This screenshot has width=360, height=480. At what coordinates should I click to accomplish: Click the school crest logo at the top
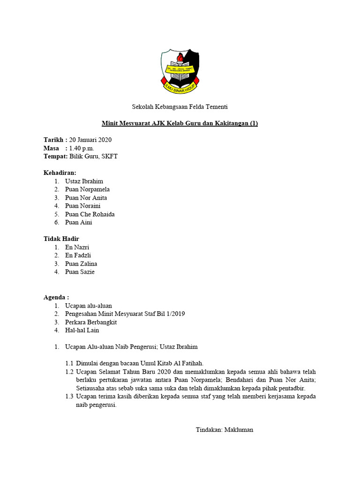pyautogui.click(x=180, y=71)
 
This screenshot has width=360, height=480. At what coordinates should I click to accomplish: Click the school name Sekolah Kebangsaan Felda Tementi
pyautogui.click(x=180, y=107)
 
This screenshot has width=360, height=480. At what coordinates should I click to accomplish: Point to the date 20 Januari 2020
pyautogui.click(x=90, y=140)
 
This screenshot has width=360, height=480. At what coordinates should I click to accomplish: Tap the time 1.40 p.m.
pyautogui.click(x=82, y=148)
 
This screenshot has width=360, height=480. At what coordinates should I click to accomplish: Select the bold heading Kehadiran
pyautogui.click(x=60, y=173)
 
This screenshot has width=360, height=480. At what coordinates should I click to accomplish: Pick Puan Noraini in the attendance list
pyautogui.click(x=82, y=206)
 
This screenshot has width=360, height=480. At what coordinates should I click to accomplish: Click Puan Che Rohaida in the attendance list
pyautogui.click(x=90, y=214)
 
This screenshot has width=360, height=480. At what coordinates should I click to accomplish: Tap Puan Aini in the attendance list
pyautogui.click(x=78, y=222)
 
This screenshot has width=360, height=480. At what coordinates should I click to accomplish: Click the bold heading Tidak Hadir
pyautogui.click(x=62, y=239)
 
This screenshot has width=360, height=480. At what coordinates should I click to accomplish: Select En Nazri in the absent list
pyautogui.click(x=77, y=247)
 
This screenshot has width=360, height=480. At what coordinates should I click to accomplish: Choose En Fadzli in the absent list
pyautogui.click(x=78, y=255)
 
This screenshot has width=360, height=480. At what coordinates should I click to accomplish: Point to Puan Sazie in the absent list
pyautogui.click(x=80, y=272)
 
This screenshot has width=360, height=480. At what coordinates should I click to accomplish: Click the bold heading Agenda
pyautogui.click(x=56, y=297)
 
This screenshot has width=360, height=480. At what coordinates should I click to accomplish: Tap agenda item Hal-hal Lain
pyautogui.click(x=82, y=330)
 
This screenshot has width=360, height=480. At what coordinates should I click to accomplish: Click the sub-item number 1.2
pyautogui.click(x=69, y=372)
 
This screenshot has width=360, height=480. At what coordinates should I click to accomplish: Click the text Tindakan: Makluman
pyautogui.click(x=224, y=429)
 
